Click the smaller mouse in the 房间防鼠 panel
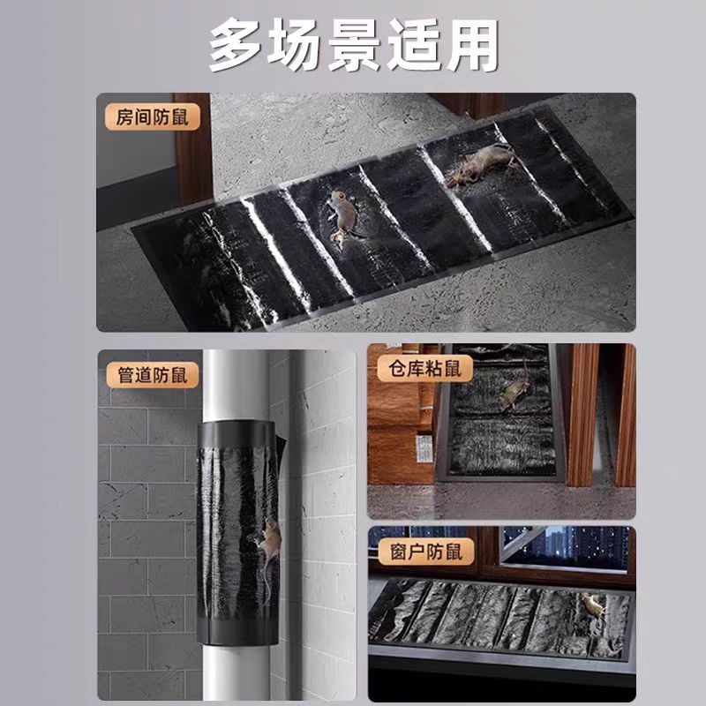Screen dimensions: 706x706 point(340,214)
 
